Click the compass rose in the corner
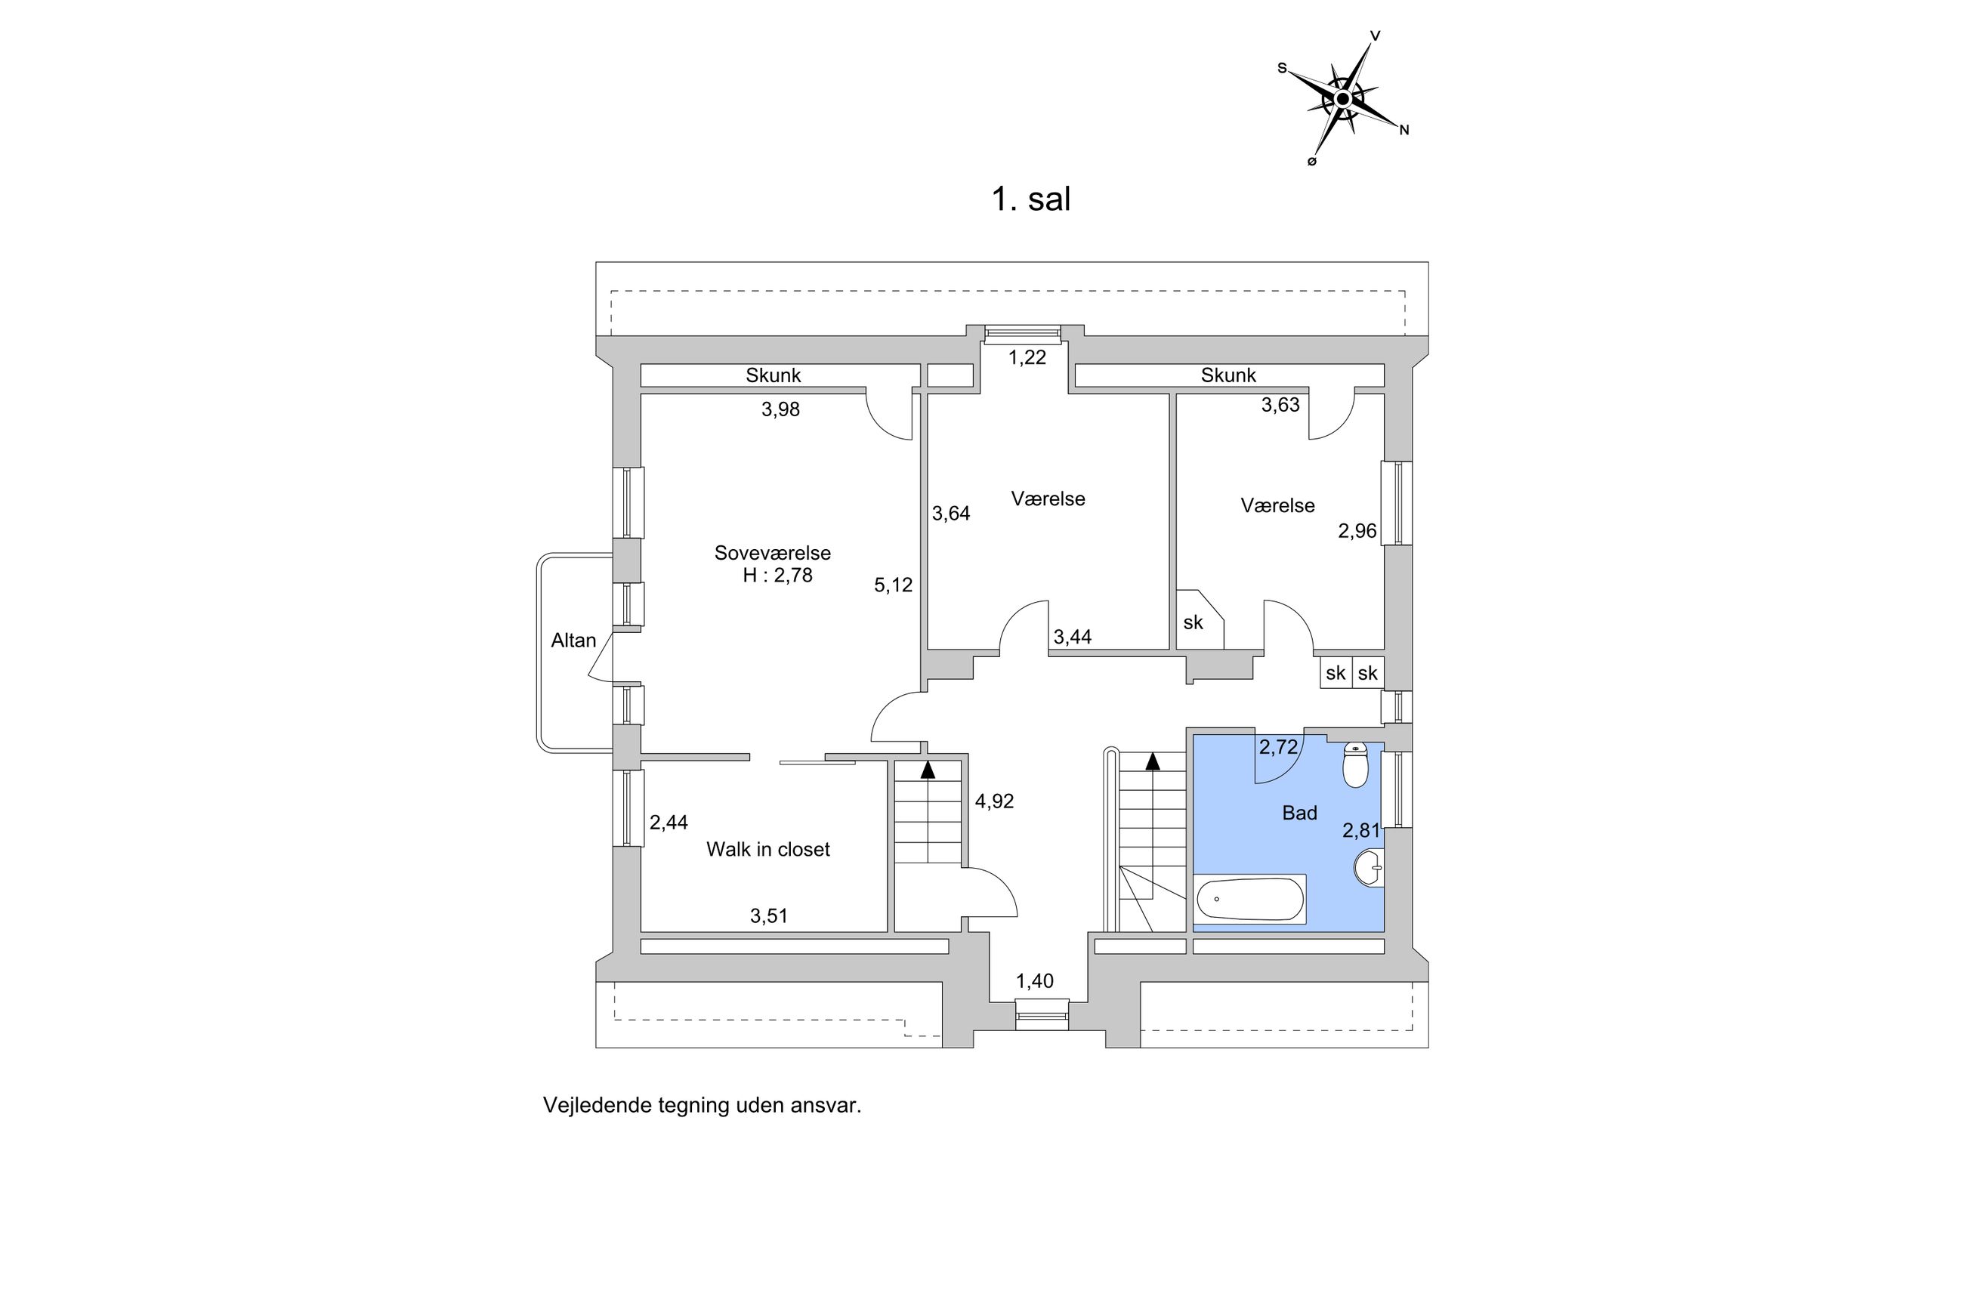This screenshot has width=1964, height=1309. click(x=1342, y=98)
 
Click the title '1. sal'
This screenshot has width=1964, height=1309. click(x=1030, y=199)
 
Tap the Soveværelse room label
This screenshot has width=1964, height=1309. click(x=772, y=553)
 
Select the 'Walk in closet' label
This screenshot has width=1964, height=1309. click(x=768, y=849)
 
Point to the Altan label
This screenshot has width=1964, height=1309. click(x=573, y=641)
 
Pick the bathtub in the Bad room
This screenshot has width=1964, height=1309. click(x=1249, y=899)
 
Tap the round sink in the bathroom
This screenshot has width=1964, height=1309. click(x=1370, y=868)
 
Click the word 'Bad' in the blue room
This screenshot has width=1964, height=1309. click(x=1299, y=813)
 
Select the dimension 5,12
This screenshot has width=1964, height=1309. click(x=893, y=585)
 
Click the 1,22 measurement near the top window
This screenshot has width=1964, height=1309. click(x=1027, y=357)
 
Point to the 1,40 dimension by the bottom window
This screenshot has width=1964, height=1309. click(x=1034, y=981)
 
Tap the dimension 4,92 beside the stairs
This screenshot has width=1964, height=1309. click(x=994, y=801)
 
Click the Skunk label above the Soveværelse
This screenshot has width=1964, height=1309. click(x=773, y=375)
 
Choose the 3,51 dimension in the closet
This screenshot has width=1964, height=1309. click(x=769, y=915)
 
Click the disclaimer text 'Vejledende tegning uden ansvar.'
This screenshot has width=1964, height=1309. click(x=702, y=1105)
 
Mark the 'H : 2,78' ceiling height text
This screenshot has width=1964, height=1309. click(x=777, y=576)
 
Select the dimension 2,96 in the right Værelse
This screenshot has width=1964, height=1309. click(x=1357, y=531)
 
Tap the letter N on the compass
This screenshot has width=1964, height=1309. click(x=1404, y=130)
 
